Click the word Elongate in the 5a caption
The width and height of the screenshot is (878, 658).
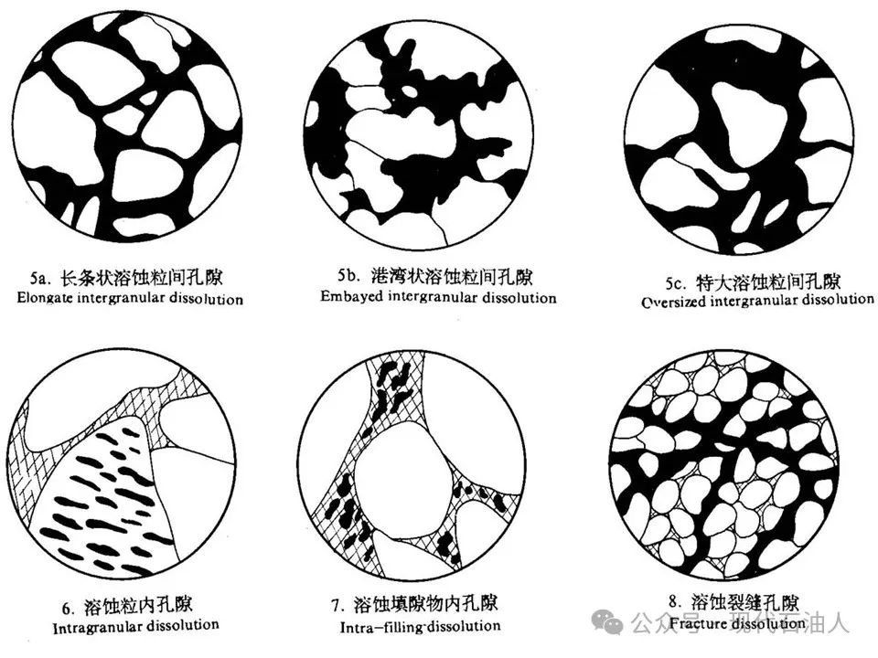pyautogui.click(x=44, y=298)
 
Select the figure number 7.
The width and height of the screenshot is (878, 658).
pyautogui.click(x=337, y=605)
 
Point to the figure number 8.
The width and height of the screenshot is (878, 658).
pyautogui.click(x=675, y=601)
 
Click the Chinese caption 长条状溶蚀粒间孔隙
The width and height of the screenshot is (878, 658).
pyautogui.click(x=142, y=277)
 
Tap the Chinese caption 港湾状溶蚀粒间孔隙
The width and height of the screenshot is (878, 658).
pyautogui.click(x=451, y=275)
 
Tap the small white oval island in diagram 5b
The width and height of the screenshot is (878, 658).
pyautogui.click(x=410, y=90)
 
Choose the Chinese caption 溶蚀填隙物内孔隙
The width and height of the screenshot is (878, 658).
pyautogui.click(x=425, y=604)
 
